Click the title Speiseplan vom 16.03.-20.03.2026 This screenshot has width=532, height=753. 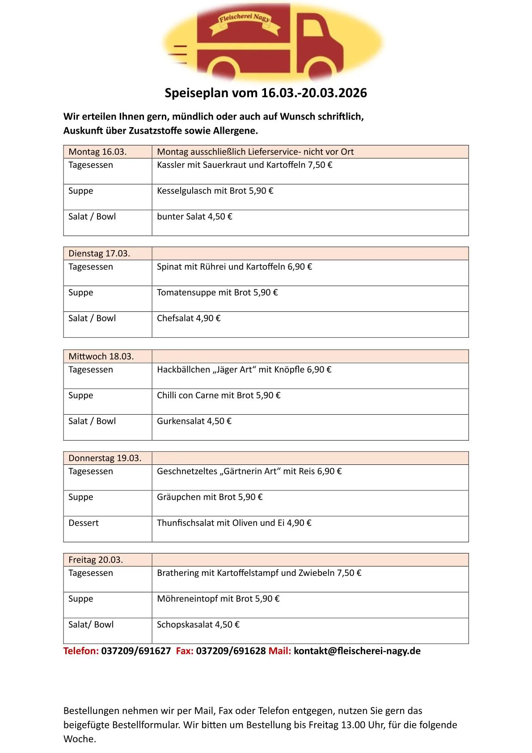pyautogui.click(x=266, y=93)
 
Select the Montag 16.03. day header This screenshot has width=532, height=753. pyautogui.click(x=97, y=152)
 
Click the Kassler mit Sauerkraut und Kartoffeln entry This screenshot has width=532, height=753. pyautogui.click(x=245, y=165)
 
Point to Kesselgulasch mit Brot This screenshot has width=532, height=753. pyautogui.click(x=215, y=191)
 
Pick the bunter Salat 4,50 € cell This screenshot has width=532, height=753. pyautogui.click(x=194, y=217)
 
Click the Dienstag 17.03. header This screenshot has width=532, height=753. pyautogui.click(x=99, y=254)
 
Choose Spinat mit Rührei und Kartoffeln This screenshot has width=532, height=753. pyautogui.click(x=234, y=267)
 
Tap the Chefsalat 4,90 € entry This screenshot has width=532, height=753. pyautogui.click(x=189, y=319)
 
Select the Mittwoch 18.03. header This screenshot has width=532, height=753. pyautogui.click(x=101, y=357)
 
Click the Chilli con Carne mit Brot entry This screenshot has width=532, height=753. pyautogui.click(x=219, y=396)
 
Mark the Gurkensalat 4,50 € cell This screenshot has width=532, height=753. pyautogui.click(x=194, y=421)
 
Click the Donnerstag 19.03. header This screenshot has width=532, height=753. pyautogui.click(x=105, y=458)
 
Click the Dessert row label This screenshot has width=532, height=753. pyautogui.click(x=84, y=523)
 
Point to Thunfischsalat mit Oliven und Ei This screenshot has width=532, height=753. pyautogui.click(x=234, y=523)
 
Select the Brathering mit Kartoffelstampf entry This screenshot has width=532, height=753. pyautogui.click(x=259, y=573)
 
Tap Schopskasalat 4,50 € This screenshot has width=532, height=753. pyautogui.click(x=198, y=625)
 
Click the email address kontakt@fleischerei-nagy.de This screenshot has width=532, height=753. pyautogui.click(x=357, y=651)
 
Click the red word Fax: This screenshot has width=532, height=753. pyautogui.click(x=185, y=651)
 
